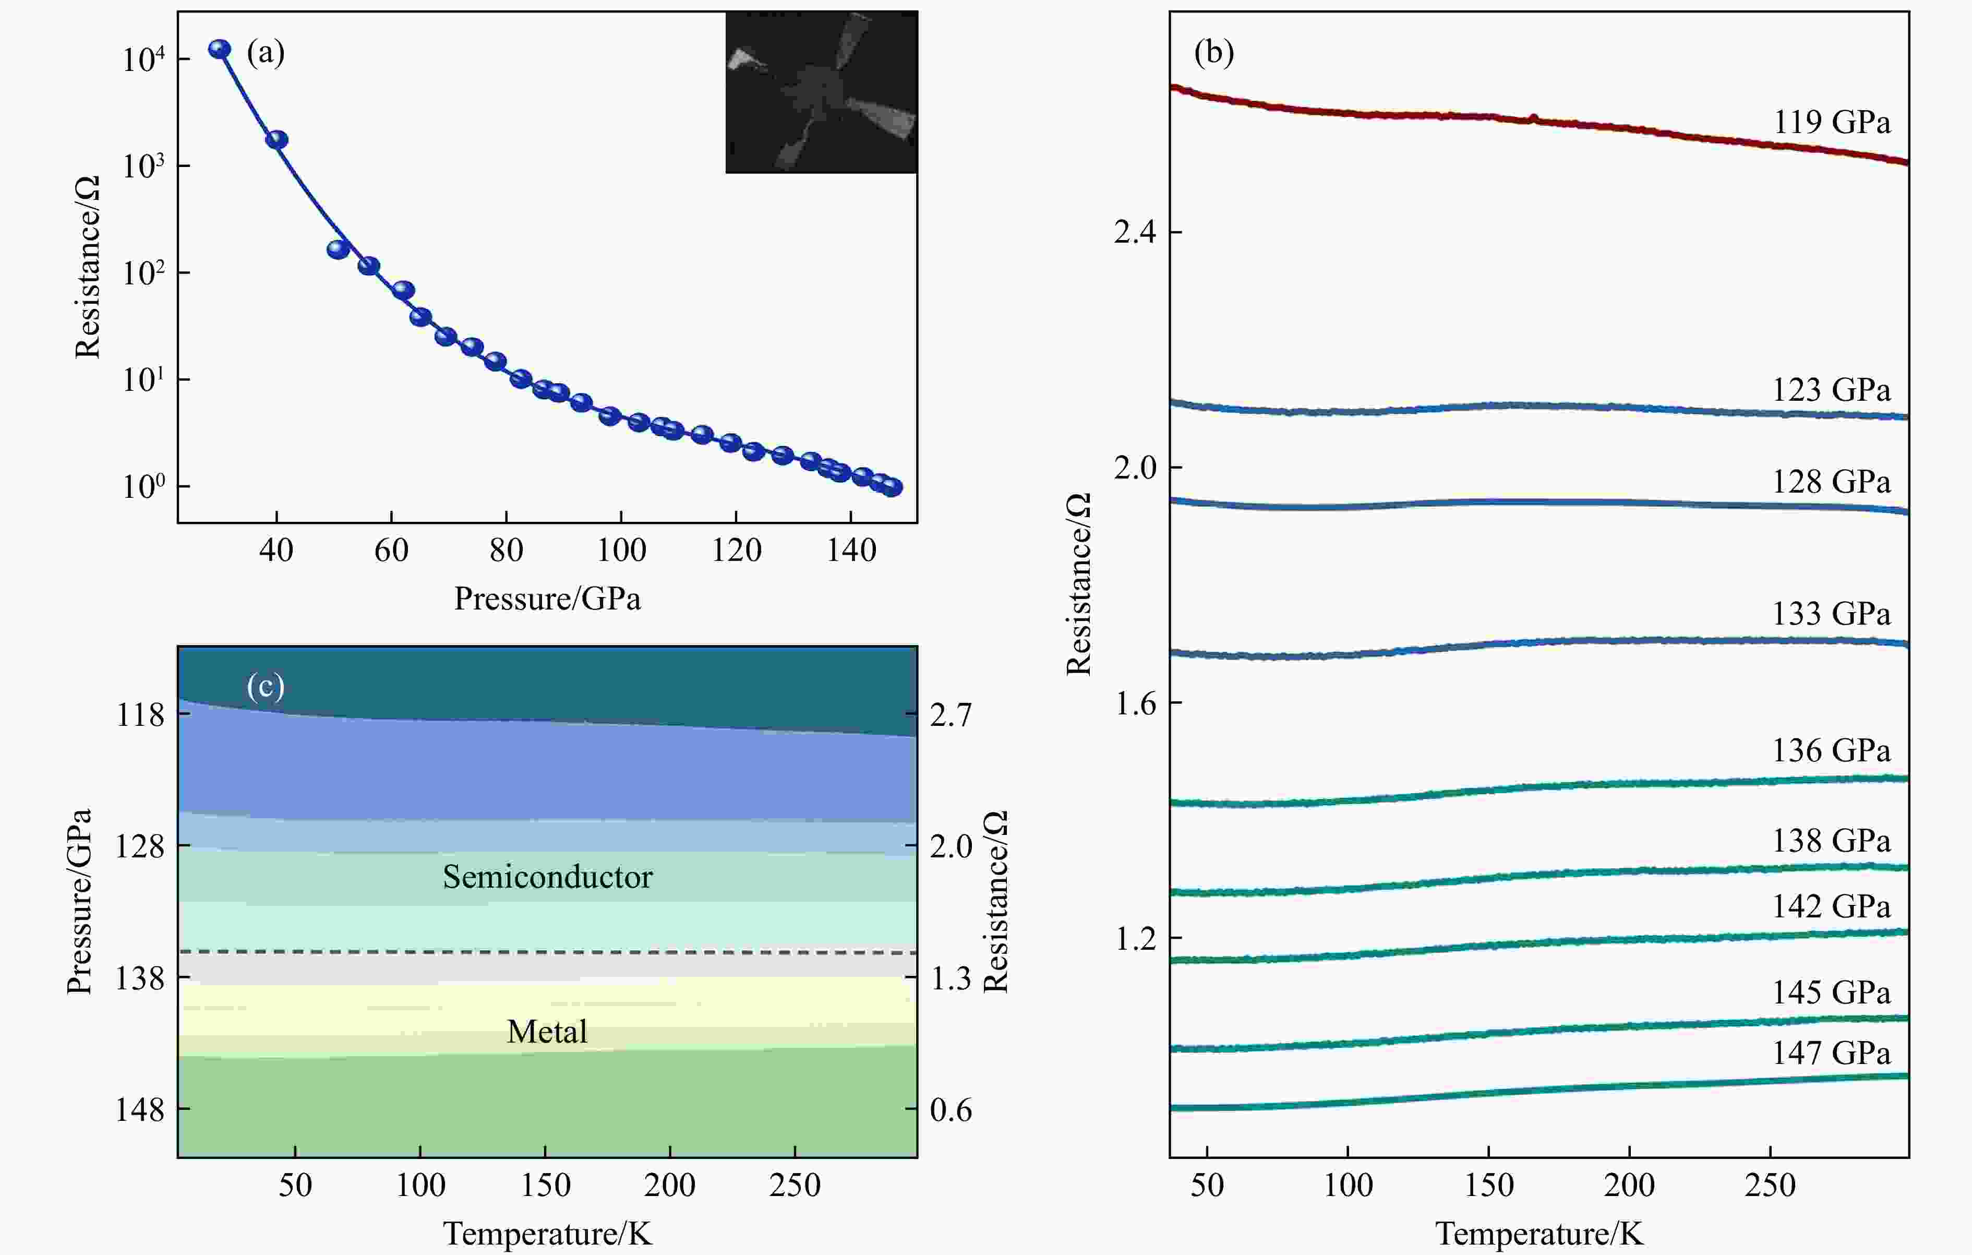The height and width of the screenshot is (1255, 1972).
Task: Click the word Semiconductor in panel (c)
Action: (547, 877)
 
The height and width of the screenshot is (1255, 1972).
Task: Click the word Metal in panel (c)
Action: (547, 1031)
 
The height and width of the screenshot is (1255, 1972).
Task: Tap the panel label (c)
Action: (266, 687)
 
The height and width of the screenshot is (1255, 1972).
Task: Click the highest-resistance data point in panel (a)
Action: (220, 49)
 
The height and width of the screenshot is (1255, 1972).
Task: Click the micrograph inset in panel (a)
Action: (821, 92)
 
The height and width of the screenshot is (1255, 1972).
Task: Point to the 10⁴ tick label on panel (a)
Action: (144, 59)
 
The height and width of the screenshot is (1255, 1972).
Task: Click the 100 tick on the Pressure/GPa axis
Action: (621, 549)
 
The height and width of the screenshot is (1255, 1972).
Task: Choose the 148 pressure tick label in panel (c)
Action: (140, 1110)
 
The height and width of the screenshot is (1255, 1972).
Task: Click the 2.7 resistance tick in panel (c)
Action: (951, 715)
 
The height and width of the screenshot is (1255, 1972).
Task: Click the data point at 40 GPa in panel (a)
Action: (277, 139)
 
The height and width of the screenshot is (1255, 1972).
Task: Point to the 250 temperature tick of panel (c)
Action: (795, 1185)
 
